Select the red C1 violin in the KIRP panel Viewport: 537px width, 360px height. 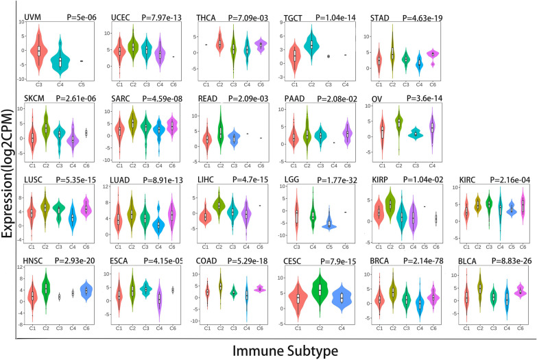point(380,212)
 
